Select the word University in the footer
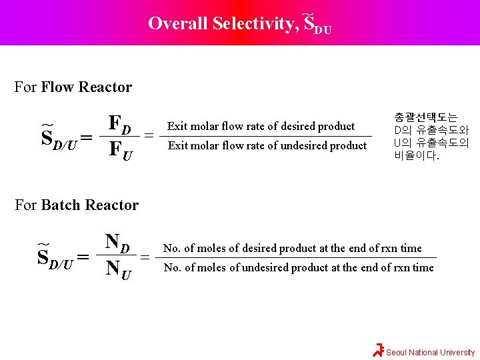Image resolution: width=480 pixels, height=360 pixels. point(457,353)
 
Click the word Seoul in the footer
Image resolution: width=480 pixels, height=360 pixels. point(397,353)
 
